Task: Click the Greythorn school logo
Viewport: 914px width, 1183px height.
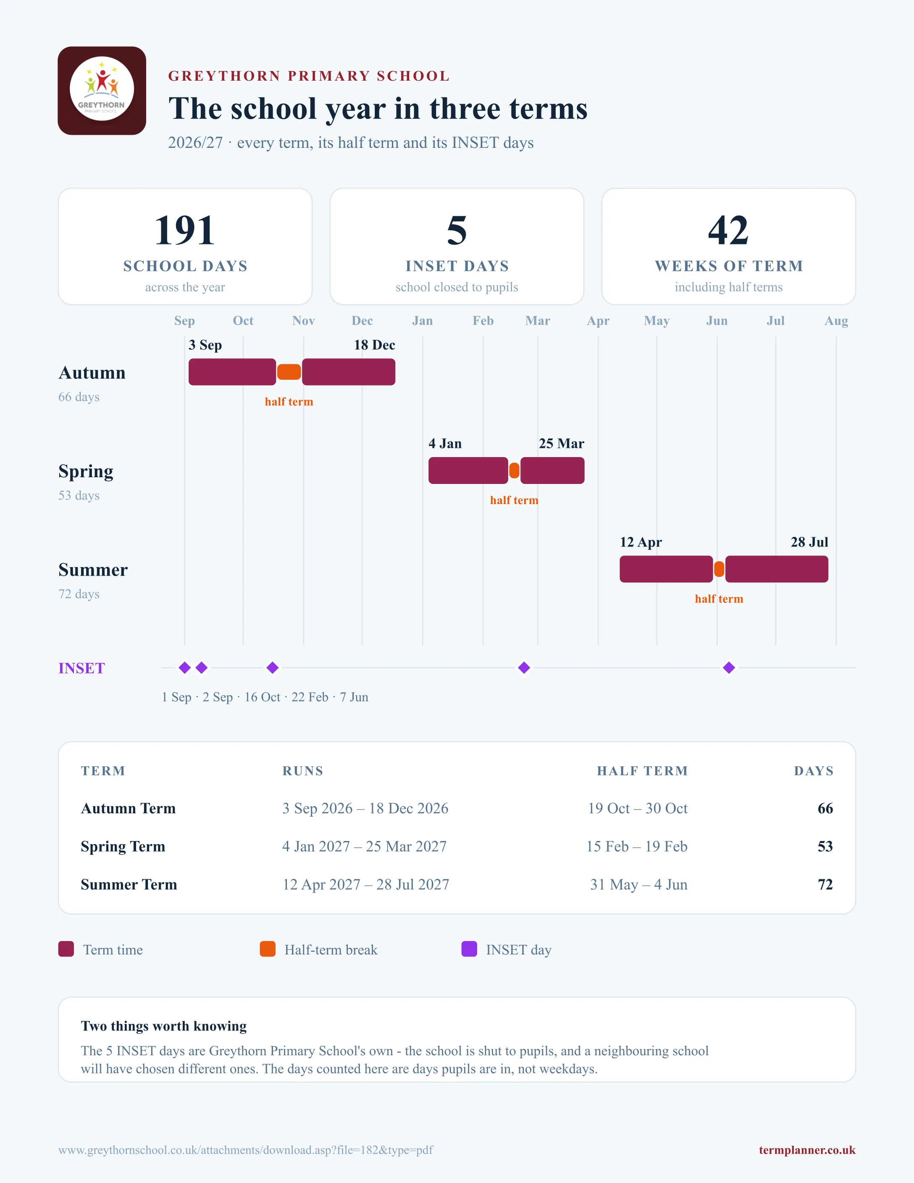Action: click(102, 90)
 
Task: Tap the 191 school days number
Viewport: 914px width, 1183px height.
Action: click(185, 230)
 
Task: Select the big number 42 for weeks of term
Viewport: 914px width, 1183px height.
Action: click(728, 230)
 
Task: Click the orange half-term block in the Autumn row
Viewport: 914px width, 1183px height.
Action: click(289, 372)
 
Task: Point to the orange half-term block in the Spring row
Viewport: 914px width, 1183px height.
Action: click(515, 471)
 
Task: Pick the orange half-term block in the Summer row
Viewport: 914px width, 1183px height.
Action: click(719, 569)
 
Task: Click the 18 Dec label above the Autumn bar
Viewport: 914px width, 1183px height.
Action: click(375, 345)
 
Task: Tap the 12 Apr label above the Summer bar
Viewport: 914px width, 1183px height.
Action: click(641, 542)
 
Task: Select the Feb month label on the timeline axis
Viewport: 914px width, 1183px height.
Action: click(483, 321)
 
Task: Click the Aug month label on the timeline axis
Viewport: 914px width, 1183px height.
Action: click(836, 321)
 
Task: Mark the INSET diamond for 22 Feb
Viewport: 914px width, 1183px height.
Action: click(524, 668)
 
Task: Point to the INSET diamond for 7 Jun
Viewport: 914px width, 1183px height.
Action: click(729, 668)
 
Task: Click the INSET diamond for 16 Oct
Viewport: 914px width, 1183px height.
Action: click(272, 668)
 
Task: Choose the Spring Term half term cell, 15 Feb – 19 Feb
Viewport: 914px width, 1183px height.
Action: click(637, 847)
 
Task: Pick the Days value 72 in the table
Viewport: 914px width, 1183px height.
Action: click(825, 885)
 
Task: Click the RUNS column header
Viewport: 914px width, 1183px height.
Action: click(303, 771)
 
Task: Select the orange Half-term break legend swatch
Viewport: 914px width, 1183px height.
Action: click(268, 949)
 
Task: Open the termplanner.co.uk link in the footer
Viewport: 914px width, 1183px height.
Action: click(807, 1150)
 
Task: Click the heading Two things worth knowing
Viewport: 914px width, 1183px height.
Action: click(163, 1026)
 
